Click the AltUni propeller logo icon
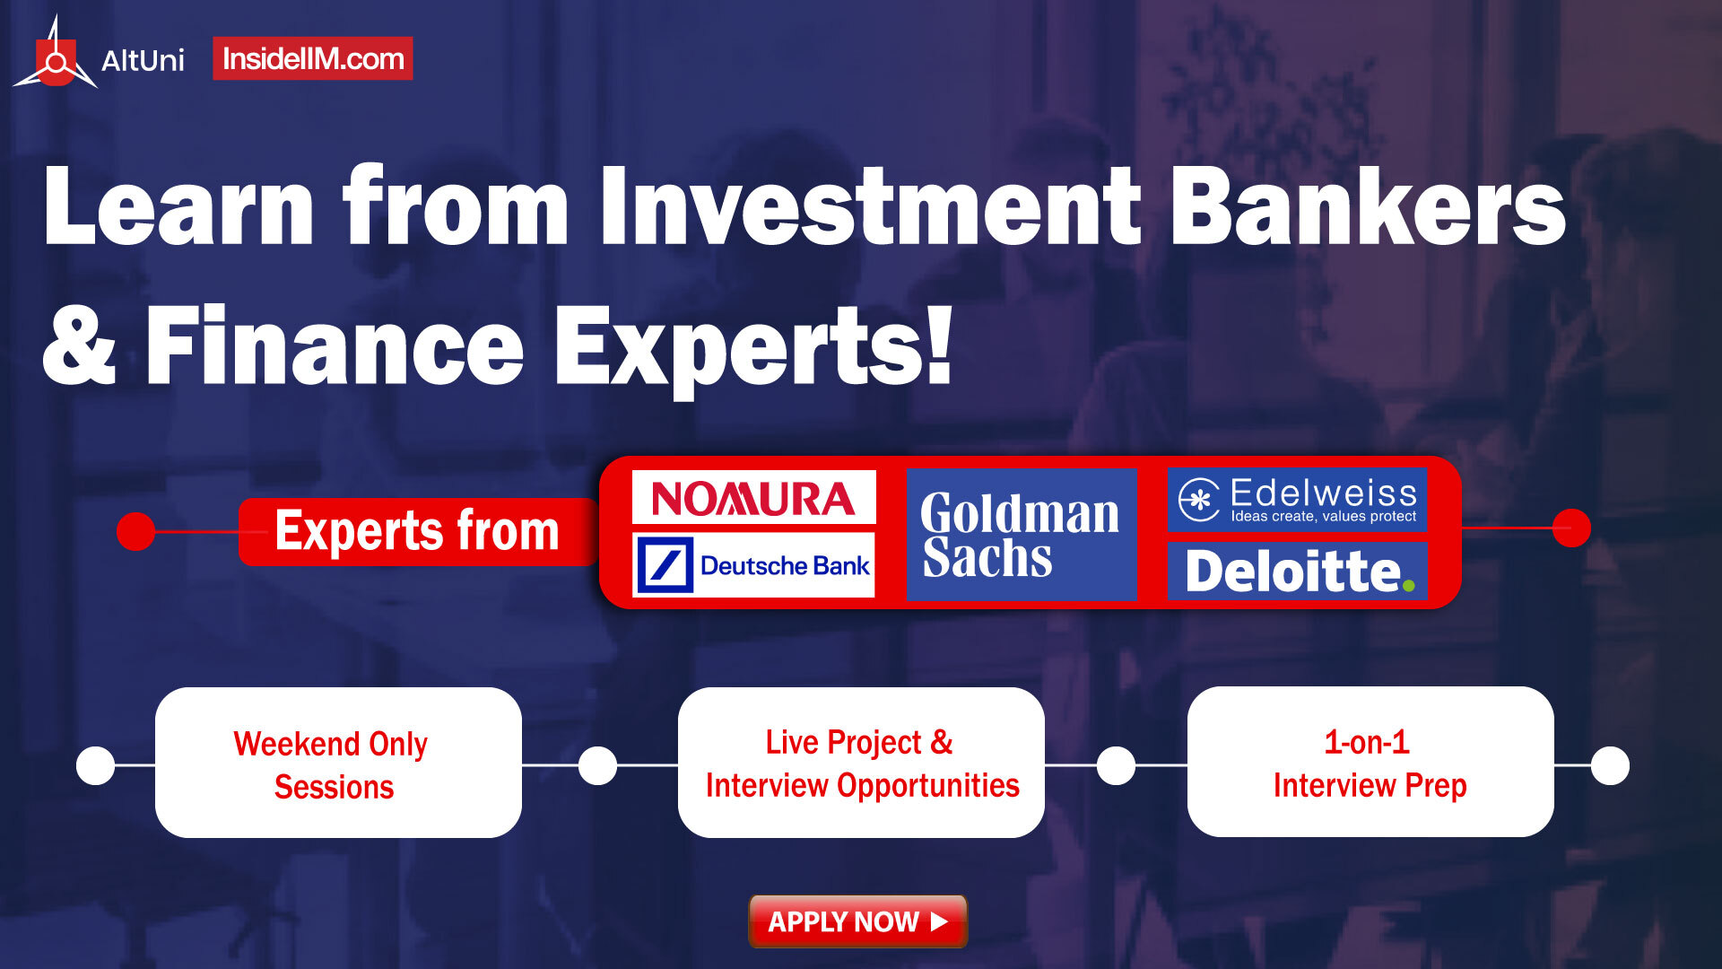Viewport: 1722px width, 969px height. [x=56, y=56]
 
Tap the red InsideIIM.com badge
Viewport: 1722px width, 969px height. [x=313, y=58]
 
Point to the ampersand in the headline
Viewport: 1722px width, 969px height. [x=80, y=345]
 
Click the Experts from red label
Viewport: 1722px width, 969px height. [x=418, y=531]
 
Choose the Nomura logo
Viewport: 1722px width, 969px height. [x=753, y=497]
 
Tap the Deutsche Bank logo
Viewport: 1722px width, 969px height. [x=753, y=565]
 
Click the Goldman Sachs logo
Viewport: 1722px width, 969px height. [x=1022, y=534]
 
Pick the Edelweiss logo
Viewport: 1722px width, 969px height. [x=1297, y=500]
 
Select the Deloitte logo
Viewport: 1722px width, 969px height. [x=1297, y=571]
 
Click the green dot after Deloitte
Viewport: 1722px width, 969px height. [x=1408, y=586]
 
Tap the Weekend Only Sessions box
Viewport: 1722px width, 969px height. [x=338, y=763]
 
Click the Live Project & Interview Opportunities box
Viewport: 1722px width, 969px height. [x=861, y=763]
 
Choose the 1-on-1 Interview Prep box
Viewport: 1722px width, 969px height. [x=1370, y=762]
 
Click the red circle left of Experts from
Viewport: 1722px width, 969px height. [x=136, y=531]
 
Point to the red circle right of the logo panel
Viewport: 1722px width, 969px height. [x=1571, y=528]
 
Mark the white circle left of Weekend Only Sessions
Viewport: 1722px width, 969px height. [x=96, y=765]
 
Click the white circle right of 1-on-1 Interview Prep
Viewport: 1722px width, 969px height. [x=1610, y=765]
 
